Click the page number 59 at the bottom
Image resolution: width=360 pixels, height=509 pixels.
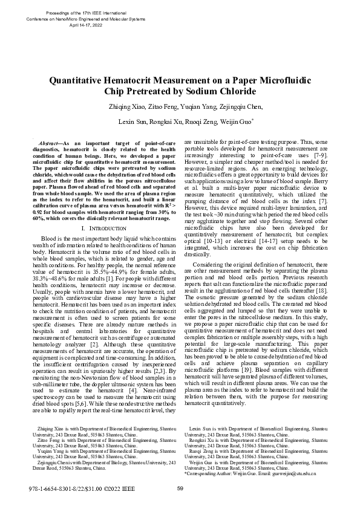180,489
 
